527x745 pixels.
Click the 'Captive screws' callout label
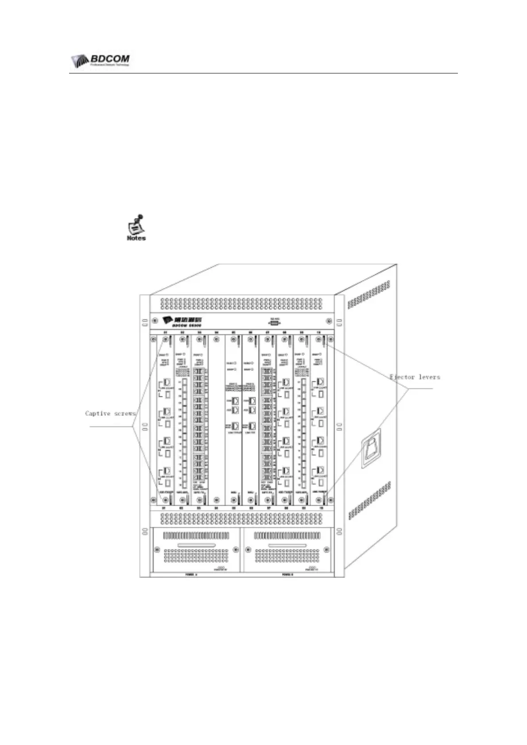[110, 414]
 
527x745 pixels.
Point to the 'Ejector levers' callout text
[415, 377]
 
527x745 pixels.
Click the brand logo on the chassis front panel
[182, 321]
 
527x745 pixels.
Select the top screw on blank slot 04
[216, 340]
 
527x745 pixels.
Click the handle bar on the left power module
[196, 545]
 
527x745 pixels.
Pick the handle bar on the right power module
[287, 545]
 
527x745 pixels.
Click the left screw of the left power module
[156, 550]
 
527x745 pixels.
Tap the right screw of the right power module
[327, 550]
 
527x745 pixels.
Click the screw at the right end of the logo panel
[329, 321]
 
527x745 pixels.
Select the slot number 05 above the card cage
[233, 332]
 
